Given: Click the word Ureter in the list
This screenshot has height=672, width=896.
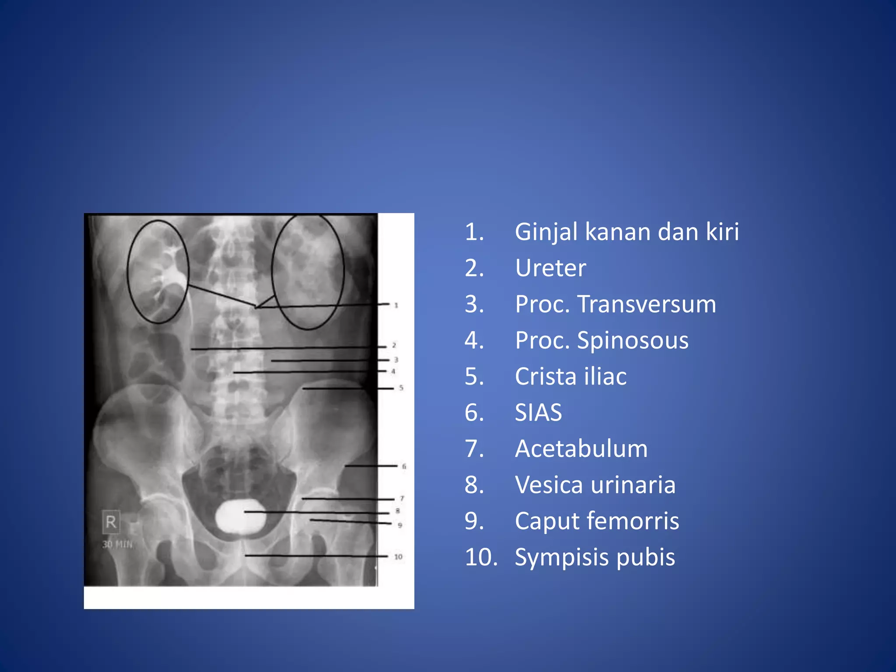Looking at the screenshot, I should pos(550,268).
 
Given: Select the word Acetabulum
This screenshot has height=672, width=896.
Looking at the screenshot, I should pos(581,449).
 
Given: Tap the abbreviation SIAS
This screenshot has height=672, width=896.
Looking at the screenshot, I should pos(538,413).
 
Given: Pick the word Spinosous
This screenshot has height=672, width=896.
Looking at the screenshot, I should pos(633,341).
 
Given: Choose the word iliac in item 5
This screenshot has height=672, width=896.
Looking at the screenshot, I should pos(605,377).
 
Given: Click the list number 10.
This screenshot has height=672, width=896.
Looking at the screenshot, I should pos(481,557).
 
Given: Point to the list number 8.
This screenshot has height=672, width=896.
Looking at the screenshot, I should pos(474,485).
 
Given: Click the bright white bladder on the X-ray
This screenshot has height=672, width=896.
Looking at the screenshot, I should pos(240,516).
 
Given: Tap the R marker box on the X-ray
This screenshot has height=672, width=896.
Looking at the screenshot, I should pos(111,522).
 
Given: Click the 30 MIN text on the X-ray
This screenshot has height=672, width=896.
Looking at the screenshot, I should pos(117,545).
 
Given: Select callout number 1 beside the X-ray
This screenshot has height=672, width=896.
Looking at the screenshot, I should pos(396,305).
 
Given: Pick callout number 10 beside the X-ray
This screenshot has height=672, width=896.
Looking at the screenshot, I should pos(398,557).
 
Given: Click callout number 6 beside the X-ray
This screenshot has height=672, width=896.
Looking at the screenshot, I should pos(404,466).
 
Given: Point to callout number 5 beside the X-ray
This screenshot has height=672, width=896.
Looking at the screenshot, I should pos(401,388).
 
